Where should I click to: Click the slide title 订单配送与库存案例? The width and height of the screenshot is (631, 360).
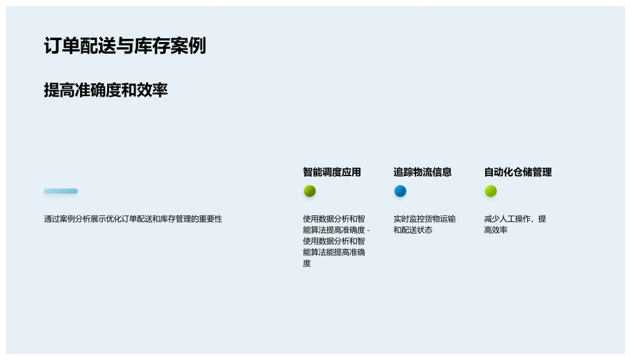tap(125, 45)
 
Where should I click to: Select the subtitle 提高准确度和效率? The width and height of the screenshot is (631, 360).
tap(106, 90)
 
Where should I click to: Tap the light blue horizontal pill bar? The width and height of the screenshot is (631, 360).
tap(60, 191)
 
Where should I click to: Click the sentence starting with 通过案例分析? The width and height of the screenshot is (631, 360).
tap(133, 219)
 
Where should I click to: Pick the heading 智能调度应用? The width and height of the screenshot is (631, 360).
tap(332, 172)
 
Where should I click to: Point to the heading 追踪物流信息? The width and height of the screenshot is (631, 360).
tap(423, 172)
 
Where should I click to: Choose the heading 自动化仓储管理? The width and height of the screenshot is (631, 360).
tap(518, 172)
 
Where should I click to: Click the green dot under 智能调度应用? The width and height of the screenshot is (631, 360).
tap(310, 191)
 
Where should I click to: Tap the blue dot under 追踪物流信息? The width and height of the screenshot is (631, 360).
tap(400, 191)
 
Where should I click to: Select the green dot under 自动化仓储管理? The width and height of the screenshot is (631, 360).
tap(491, 191)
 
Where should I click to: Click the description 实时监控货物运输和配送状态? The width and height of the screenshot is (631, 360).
tap(425, 225)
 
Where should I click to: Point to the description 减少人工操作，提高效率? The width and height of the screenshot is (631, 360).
tap(515, 225)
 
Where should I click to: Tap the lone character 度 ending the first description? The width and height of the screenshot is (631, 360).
tap(307, 263)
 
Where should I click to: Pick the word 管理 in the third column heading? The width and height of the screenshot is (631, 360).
tap(542, 172)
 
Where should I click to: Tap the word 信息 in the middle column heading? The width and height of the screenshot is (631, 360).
tap(442, 172)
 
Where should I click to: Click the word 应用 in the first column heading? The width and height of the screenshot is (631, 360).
tap(351, 172)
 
